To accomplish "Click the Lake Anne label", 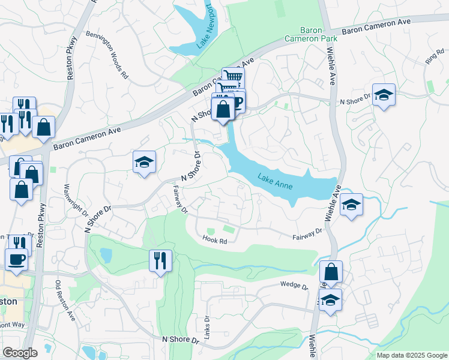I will (276, 181).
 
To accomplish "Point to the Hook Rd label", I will (215, 241).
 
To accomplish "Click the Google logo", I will (20, 353).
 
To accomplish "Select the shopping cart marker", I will (233, 77).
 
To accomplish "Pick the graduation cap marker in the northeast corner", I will (384, 95).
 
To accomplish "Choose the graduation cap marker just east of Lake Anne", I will (351, 205).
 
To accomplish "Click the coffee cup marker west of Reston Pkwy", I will (16, 259).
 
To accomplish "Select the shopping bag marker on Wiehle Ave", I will (331, 272).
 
